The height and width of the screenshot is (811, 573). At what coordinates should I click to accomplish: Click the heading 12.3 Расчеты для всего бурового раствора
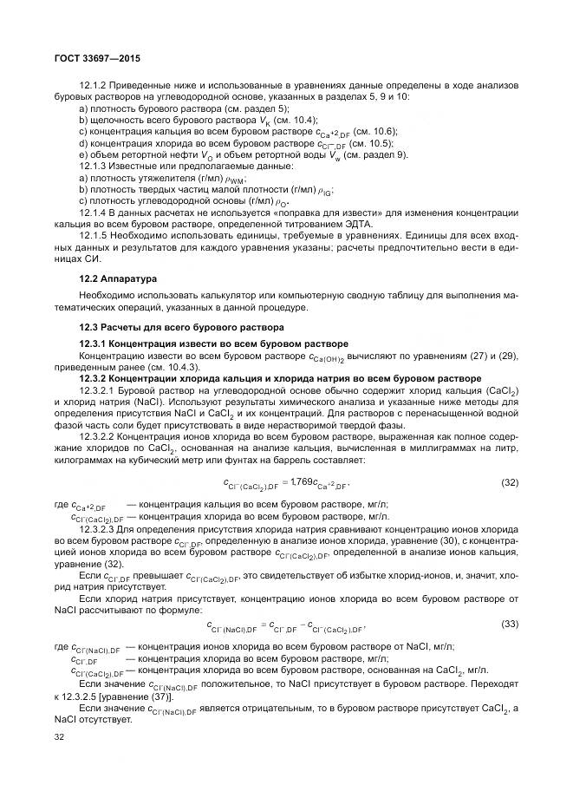pyautogui.click(x=181, y=327)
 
